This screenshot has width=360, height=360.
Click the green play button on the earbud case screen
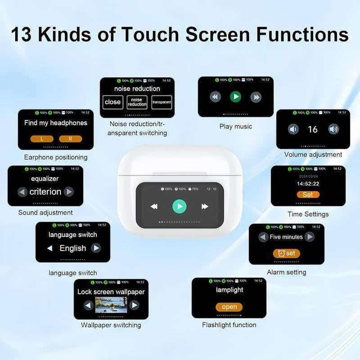(x=179, y=206)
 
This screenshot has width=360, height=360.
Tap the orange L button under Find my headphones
(x=42, y=139)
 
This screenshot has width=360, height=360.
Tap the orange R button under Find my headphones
(x=70, y=139)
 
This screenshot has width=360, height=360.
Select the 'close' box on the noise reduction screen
(x=112, y=102)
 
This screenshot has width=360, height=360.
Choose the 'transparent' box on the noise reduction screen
(x=162, y=102)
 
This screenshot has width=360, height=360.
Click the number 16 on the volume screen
(x=313, y=130)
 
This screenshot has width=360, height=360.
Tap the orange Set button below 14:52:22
(x=308, y=194)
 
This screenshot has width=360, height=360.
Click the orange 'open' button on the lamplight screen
(x=229, y=307)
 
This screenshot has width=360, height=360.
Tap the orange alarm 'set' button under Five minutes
(x=286, y=253)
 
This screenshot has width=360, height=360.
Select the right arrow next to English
(x=96, y=248)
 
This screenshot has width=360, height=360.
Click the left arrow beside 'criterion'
(x=22, y=192)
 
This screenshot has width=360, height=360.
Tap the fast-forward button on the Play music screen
(x=256, y=97)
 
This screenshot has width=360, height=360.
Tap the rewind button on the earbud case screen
(x=154, y=206)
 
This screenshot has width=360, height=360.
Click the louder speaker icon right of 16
(x=333, y=130)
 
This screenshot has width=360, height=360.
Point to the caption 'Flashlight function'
(x=229, y=324)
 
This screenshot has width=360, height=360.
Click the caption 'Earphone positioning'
(x=56, y=157)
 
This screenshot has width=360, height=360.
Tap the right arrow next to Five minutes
(x=309, y=237)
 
